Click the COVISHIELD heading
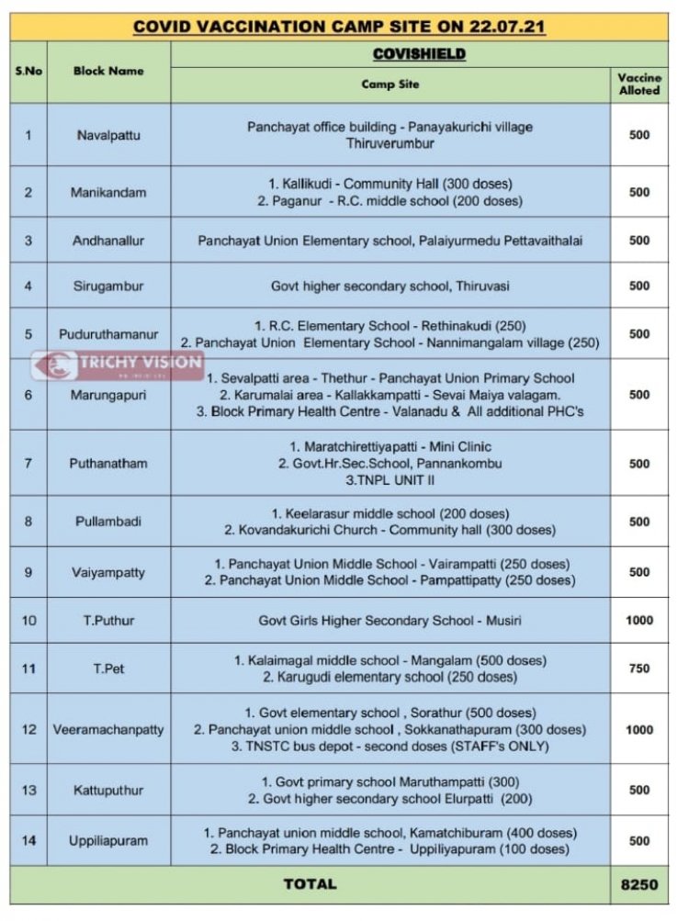pyautogui.click(x=419, y=54)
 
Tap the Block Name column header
pyautogui.click(x=108, y=70)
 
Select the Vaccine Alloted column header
pyautogui.click(x=639, y=84)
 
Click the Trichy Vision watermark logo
pyautogui.click(x=117, y=363)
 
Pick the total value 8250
pyautogui.click(x=639, y=884)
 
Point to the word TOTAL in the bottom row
pyautogui.click(x=310, y=884)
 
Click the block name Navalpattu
pyautogui.click(x=108, y=135)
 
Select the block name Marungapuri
pyautogui.click(x=108, y=395)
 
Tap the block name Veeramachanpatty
pyautogui.click(x=108, y=729)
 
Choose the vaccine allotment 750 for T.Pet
pyautogui.click(x=639, y=668)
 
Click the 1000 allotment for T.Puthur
pyautogui.click(x=639, y=621)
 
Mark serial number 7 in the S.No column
pyautogui.click(x=28, y=464)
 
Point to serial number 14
pyautogui.click(x=28, y=840)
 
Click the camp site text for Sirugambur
pyautogui.click(x=390, y=286)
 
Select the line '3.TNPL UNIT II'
pyautogui.click(x=390, y=480)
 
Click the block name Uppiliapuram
pyautogui.click(x=108, y=840)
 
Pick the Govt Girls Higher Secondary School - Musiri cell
pyautogui.click(x=390, y=621)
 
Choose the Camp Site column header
pyautogui.click(x=390, y=84)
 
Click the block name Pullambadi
pyautogui.click(x=108, y=522)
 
